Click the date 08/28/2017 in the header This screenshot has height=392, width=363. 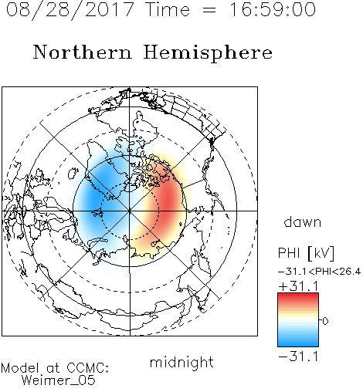(70, 10)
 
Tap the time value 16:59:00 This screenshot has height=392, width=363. (273, 9)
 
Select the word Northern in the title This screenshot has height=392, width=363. (83, 52)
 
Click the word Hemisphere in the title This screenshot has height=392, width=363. (208, 53)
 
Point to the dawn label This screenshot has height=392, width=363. (303, 222)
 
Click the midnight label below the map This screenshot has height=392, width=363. (181, 362)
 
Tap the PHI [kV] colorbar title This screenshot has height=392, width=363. (306, 253)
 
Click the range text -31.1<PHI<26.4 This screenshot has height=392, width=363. (319, 272)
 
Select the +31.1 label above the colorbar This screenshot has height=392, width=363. (298, 286)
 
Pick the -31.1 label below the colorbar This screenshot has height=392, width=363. (298, 357)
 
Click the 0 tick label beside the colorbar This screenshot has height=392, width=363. (325, 321)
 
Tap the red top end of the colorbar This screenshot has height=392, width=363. (298, 296)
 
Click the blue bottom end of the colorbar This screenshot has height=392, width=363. (298, 344)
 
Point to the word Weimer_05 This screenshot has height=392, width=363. (59, 380)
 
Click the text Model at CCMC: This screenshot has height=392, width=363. (55, 368)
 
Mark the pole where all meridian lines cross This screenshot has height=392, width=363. (130, 211)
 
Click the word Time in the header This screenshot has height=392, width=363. (168, 9)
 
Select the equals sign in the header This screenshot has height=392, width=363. (209, 10)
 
